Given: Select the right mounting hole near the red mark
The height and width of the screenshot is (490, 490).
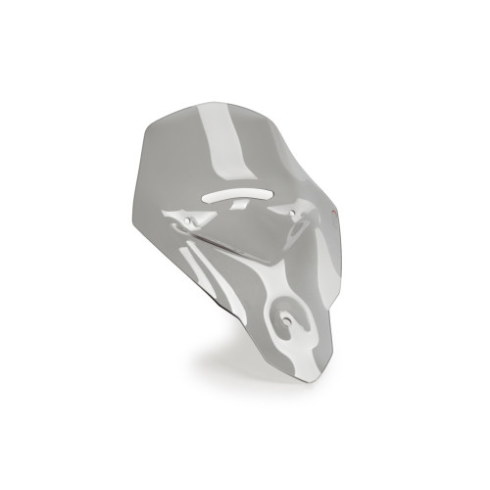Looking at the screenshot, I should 300,212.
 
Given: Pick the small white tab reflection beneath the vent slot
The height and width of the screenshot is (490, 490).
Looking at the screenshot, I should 230,209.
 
